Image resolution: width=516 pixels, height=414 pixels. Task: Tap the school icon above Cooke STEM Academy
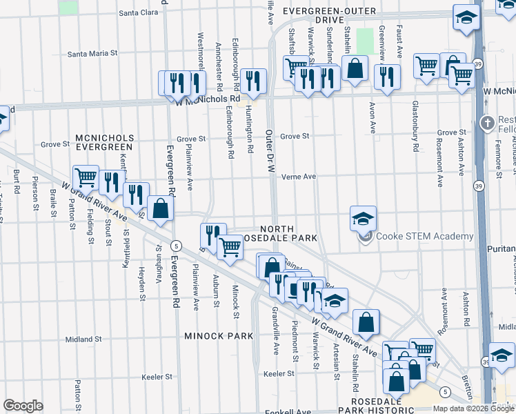pos(363,219)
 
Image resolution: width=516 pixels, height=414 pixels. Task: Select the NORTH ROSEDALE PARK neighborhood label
pos(288,233)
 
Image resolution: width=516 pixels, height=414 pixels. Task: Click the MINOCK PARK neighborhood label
pos(219,336)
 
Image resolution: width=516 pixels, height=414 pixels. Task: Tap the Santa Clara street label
pos(139,12)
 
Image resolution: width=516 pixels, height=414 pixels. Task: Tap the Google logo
pos(23,406)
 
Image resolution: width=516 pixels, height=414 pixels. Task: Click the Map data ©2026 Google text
pos(473,408)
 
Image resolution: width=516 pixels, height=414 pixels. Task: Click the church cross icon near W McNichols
pos(488,123)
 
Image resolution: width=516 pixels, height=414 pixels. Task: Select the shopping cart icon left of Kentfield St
pos(86,177)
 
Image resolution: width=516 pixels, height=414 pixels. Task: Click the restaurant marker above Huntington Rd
pos(254,81)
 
